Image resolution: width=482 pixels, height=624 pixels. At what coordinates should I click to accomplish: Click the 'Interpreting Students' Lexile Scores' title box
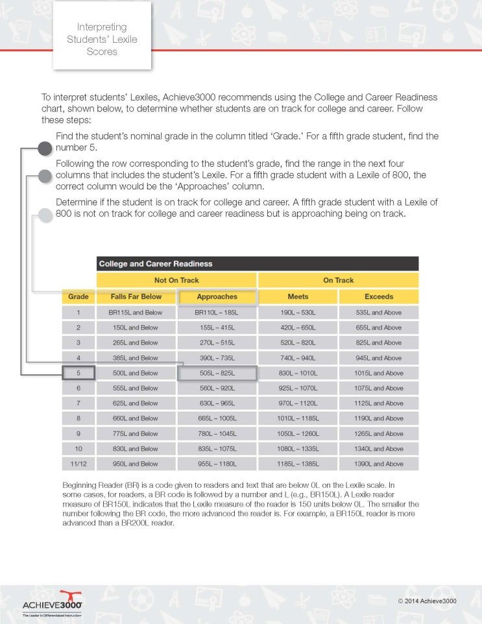pyautogui.click(x=102, y=39)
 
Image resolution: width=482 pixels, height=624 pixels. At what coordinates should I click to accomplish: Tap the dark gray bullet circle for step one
pyautogui.click(x=44, y=149)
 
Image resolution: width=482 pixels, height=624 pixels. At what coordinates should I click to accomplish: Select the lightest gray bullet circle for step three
pyautogui.click(x=44, y=215)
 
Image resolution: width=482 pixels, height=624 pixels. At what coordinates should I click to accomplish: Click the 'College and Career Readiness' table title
pyautogui.click(x=156, y=264)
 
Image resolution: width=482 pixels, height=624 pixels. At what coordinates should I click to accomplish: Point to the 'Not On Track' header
pyautogui.click(x=176, y=280)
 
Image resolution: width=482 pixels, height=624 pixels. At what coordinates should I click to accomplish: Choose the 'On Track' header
pyautogui.click(x=338, y=280)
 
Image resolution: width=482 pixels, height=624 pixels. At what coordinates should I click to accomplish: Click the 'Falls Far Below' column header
pyautogui.click(x=136, y=296)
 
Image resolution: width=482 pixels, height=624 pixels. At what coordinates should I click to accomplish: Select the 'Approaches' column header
pyautogui.click(x=217, y=296)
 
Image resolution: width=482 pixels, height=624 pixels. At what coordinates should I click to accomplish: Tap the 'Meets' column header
pyautogui.click(x=298, y=296)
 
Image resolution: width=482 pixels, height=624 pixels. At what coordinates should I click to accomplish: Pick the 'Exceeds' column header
pyautogui.click(x=379, y=296)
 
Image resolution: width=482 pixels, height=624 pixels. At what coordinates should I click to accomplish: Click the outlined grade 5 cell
pyautogui.click(x=78, y=373)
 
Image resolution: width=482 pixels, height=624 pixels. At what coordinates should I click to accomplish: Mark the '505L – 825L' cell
pyautogui.click(x=217, y=373)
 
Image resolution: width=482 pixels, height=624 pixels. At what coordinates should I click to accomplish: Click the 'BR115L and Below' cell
pyautogui.click(x=136, y=312)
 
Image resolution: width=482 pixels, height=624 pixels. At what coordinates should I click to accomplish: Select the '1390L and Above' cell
pyautogui.click(x=379, y=464)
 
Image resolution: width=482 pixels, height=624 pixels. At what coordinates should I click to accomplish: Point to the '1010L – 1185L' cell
pyautogui.click(x=298, y=418)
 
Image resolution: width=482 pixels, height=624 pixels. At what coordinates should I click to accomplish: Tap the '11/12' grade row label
pyautogui.click(x=78, y=464)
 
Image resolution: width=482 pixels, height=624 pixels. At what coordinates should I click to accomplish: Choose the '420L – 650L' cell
pyautogui.click(x=298, y=328)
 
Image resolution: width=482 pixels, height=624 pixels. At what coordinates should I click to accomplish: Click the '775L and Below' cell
pyautogui.click(x=136, y=433)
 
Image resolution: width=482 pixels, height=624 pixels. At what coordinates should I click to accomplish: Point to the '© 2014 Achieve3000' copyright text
pyautogui.click(x=427, y=601)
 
